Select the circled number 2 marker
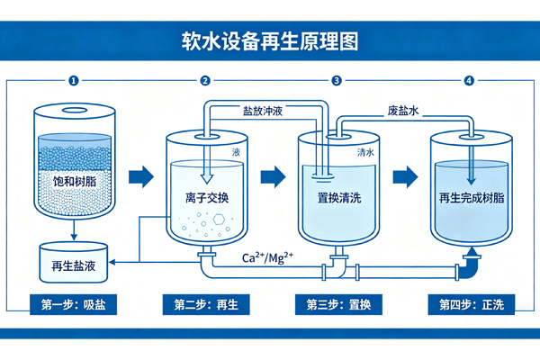pyautogui.click(x=205, y=81)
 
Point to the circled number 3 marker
pyautogui.click(x=337, y=81)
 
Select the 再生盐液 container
pyautogui.click(x=72, y=262)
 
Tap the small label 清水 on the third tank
pyautogui.click(x=366, y=153)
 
